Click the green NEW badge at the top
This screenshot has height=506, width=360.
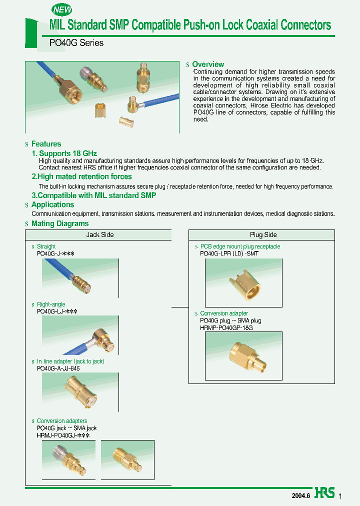[x=62, y=9]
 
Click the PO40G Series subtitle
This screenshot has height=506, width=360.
[x=76, y=43]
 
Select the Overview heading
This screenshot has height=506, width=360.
[x=208, y=64]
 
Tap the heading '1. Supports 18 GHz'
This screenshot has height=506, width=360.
[x=64, y=153]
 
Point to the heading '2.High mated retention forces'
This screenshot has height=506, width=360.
[x=81, y=176]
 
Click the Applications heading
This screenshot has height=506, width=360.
[x=52, y=204]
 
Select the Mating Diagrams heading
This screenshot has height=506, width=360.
[x=60, y=223]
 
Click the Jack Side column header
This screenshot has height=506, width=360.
[x=100, y=234]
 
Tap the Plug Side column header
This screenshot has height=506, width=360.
[x=263, y=234]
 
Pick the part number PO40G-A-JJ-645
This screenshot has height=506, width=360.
[x=58, y=368]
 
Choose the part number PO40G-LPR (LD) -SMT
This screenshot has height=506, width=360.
[x=229, y=253]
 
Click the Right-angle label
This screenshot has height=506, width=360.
[x=51, y=304]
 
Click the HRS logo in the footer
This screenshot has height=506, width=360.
[x=324, y=493]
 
